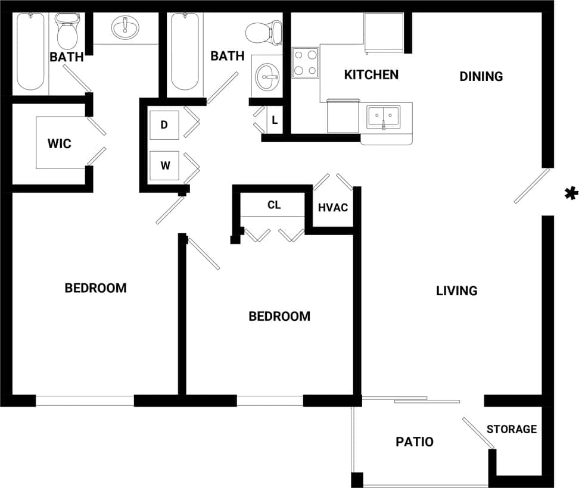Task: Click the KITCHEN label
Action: (371, 74)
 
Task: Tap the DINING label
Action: (481, 76)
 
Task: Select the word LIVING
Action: (457, 290)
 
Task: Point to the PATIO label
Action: (415, 442)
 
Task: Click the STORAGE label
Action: (512, 428)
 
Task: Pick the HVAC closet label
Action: (333, 207)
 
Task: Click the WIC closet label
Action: (60, 143)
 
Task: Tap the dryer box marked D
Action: (164, 125)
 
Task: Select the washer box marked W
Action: (165, 165)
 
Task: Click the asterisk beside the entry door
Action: (571, 193)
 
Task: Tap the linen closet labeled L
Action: (275, 120)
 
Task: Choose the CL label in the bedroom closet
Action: (274, 205)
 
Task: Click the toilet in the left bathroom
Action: (67, 33)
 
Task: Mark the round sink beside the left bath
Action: (125, 27)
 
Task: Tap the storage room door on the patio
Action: (478, 433)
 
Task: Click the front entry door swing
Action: (531, 186)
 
